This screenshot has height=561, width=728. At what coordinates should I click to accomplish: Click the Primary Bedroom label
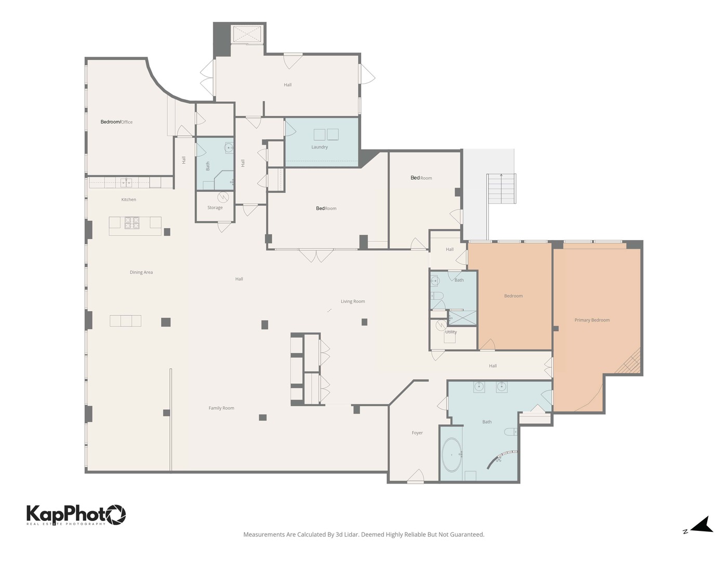pos(592,320)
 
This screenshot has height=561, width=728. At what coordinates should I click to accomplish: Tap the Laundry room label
pos(320,147)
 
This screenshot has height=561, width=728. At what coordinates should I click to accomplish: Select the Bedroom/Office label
pos(116,122)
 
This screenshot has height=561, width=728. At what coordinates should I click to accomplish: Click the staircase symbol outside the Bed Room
pos(501,189)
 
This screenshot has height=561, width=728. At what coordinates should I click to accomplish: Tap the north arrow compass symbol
pos(701,525)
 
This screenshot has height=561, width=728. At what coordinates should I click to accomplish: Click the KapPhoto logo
pos(76,515)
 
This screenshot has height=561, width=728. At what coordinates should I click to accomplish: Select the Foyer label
pos(417,433)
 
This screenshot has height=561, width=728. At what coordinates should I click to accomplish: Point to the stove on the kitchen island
pos(132,223)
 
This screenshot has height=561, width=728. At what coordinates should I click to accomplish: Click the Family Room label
pos(221,408)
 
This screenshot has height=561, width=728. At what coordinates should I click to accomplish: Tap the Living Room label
pos(353,301)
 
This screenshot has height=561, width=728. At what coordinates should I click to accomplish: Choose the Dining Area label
pos(141,272)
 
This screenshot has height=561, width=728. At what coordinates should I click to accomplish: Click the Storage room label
pos(215,208)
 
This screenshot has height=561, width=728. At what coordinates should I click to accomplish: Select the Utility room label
pos(451,332)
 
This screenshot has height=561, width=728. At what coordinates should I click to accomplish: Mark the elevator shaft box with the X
pos(247,34)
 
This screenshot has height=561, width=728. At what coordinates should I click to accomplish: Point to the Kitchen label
pos(129,199)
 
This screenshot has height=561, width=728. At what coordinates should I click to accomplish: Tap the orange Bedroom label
pos(513,296)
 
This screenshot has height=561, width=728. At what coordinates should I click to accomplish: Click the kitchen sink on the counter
pos(125,182)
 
